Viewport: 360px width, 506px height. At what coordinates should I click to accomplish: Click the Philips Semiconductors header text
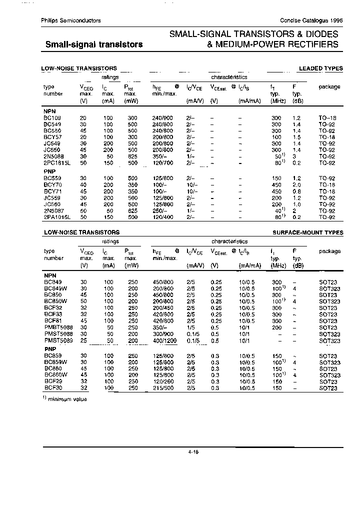[x=70, y=20]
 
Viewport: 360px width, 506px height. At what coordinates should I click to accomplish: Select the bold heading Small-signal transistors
[x=94, y=44]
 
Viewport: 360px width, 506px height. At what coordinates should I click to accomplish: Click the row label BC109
[x=51, y=117]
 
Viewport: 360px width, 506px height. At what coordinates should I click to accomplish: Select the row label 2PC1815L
[x=56, y=163]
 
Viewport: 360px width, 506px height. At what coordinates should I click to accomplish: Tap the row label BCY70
[x=51, y=184]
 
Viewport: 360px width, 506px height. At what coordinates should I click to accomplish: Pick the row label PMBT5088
[x=58, y=327]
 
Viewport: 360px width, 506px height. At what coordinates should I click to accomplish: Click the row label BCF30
[x=51, y=388]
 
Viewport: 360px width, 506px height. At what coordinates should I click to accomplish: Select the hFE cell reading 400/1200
[x=164, y=340]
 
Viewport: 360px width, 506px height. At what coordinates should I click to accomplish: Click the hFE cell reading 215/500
[x=162, y=388]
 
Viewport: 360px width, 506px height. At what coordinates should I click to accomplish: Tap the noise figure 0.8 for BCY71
[x=296, y=191]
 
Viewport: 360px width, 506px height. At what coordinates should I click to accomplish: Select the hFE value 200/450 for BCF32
[x=162, y=308]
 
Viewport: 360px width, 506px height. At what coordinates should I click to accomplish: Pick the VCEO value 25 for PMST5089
[x=83, y=340]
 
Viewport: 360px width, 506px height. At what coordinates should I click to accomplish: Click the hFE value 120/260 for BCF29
[x=162, y=381]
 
